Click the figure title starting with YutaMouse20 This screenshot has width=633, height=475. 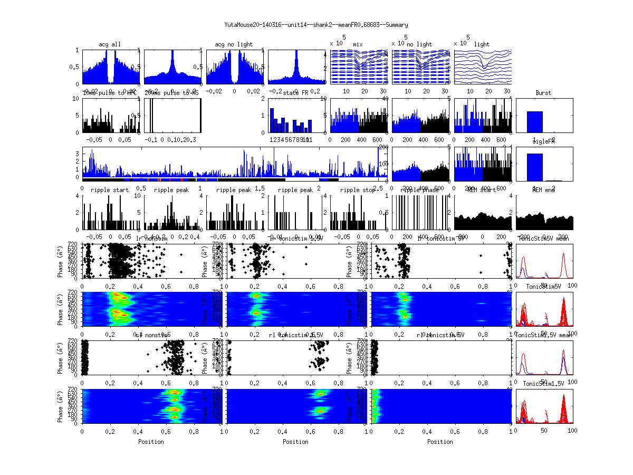(316, 25)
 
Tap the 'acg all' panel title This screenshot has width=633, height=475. (110, 44)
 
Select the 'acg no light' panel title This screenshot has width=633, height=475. (234, 44)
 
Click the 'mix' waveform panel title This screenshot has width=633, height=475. (358, 44)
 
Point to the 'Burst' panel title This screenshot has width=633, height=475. (543, 93)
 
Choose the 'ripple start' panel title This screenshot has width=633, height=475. (110, 190)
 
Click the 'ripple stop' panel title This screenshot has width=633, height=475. (358, 190)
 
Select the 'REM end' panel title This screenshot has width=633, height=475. (544, 190)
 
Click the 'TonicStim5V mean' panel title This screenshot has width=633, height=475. (544, 239)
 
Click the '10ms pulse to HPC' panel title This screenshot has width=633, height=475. (110, 93)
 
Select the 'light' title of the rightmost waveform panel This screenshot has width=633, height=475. (482, 44)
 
